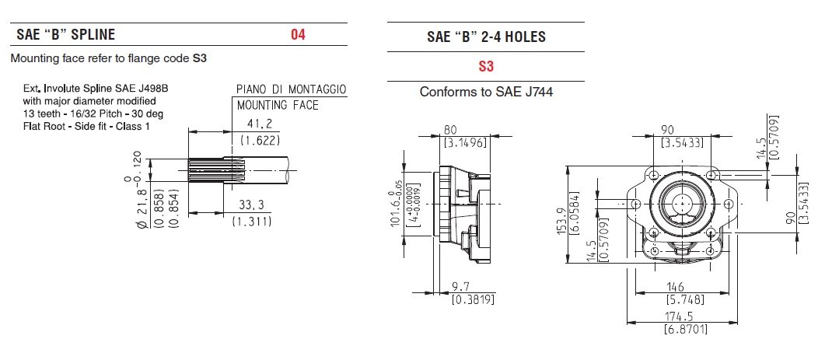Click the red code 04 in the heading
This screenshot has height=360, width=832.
tap(299, 35)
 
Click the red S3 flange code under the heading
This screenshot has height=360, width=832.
tap(486, 66)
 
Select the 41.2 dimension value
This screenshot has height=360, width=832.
tap(260, 124)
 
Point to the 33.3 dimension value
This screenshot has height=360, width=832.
tap(252, 205)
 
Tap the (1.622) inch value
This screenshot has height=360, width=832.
tap(260, 140)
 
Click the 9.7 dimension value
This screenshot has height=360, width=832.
tap(460, 287)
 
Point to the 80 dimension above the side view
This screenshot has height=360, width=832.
tap(450, 130)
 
